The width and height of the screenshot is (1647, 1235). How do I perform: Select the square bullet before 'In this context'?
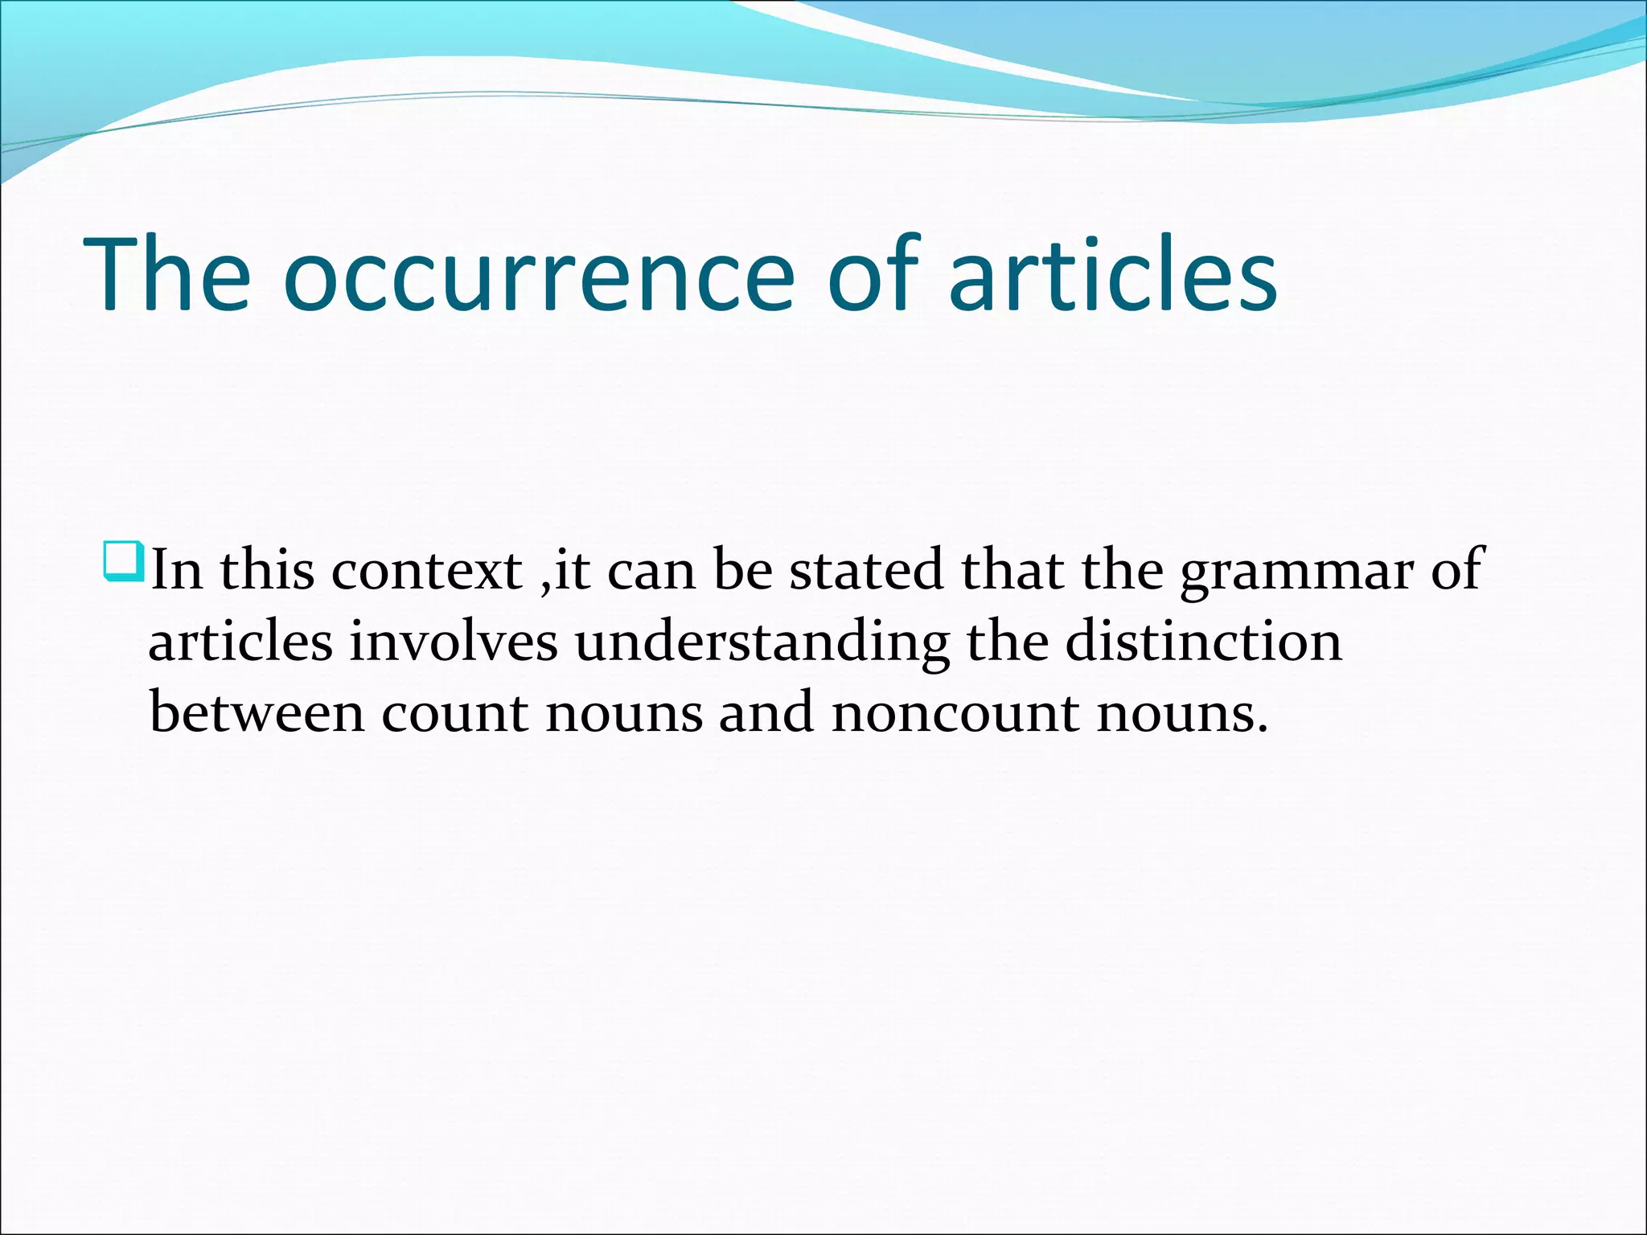pyautogui.click(x=123, y=562)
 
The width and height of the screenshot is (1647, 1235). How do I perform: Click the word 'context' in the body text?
pyautogui.click(x=426, y=570)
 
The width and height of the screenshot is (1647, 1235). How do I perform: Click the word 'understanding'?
pyautogui.click(x=762, y=643)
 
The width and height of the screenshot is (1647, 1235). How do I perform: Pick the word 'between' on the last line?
pyautogui.click(x=257, y=712)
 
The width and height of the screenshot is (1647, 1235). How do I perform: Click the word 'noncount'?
pyautogui.click(x=955, y=712)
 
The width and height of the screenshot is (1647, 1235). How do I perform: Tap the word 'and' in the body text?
pyautogui.click(x=766, y=712)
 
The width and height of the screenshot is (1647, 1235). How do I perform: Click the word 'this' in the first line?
pyautogui.click(x=267, y=570)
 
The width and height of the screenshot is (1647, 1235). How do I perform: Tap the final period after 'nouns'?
pyautogui.click(x=1262, y=729)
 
